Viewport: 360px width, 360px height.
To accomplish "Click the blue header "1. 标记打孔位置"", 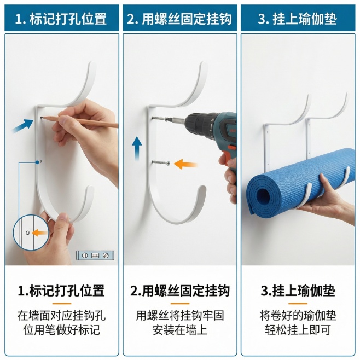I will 60,19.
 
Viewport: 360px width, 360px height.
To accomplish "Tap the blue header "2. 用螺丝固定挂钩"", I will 179,19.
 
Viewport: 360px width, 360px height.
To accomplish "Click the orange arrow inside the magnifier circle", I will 39,233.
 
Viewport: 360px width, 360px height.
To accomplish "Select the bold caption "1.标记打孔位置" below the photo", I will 61,291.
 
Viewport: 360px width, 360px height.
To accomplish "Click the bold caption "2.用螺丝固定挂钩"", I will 179,291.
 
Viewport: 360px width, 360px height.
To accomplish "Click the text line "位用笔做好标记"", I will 61,330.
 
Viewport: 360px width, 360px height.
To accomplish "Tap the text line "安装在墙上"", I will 179,330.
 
